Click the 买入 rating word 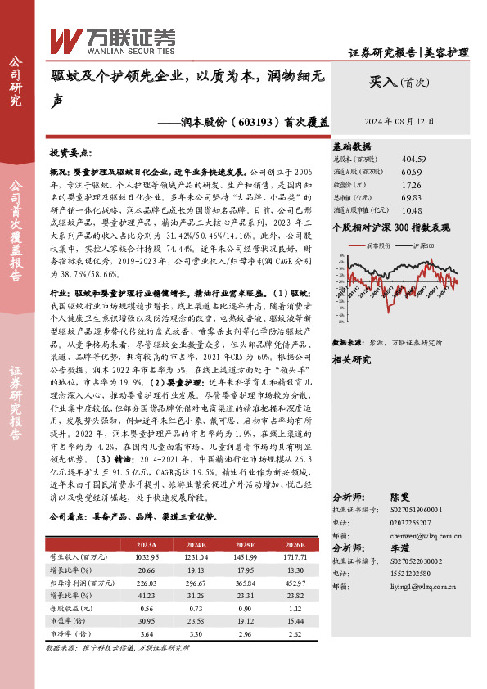(381, 83)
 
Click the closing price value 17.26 (412, 185)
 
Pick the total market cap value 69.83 (412, 198)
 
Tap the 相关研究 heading (352, 358)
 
